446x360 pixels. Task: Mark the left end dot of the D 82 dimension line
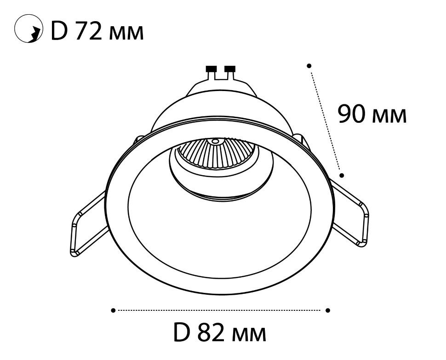[113, 310]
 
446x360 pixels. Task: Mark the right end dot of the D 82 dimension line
[328, 310]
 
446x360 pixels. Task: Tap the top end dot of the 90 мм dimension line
[309, 66]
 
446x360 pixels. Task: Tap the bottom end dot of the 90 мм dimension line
[342, 175]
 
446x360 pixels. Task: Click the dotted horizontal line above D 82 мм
[221, 310]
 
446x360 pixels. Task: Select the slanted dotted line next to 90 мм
[326, 120]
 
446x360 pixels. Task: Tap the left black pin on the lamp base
[211, 69]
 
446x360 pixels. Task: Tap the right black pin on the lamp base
[229, 69]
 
